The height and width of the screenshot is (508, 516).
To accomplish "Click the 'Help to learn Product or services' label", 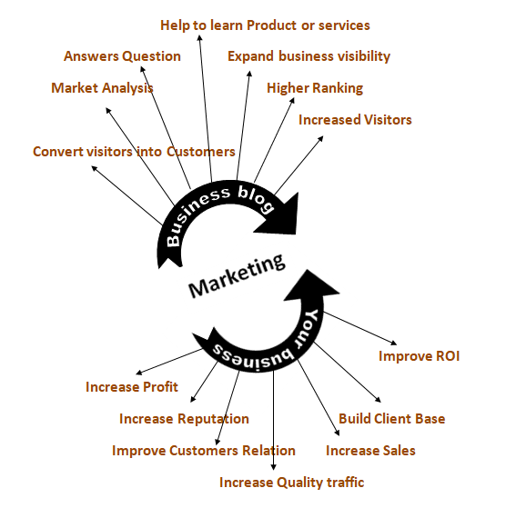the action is (x=265, y=25).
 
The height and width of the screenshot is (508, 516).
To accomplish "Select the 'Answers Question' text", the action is (x=122, y=56).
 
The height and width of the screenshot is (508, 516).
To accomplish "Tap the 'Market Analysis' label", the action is (x=102, y=88).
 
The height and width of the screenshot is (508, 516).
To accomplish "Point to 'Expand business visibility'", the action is (x=309, y=56).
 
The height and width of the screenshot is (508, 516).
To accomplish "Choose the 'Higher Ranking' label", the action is (x=315, y=88).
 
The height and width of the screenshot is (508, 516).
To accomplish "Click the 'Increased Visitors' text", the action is (x=355, y=120).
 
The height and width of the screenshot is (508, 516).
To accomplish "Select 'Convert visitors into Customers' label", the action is (x=134, y=152).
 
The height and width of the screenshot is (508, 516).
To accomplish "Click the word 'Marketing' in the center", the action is (x=237, y=275).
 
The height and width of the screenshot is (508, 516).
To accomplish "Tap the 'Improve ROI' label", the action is (x=419, y=356).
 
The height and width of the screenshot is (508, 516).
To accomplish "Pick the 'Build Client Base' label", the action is (x=391, y=419).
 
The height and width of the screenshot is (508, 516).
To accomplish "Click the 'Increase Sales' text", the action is (x=370, y=451).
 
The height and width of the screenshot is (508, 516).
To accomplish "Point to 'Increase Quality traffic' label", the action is (x=291, y=483).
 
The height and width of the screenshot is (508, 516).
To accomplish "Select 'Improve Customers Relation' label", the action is (x=204, y=451).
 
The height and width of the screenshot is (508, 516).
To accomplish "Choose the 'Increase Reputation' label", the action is (x=184, y=419).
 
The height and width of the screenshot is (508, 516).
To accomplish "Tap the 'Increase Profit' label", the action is (x=132, y=387).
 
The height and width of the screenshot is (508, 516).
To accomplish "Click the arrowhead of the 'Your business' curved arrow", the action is (x=310, y=286).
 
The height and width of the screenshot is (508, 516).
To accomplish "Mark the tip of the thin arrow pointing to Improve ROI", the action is (x=397, y=344).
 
